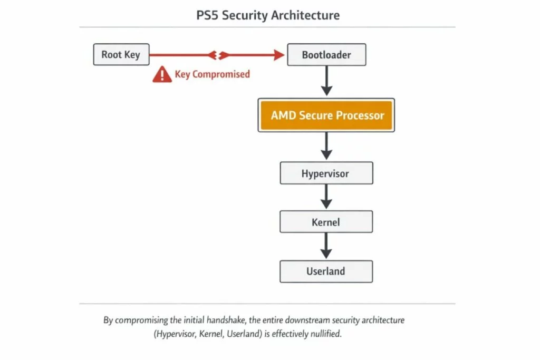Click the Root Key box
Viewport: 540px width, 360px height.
(121, 55)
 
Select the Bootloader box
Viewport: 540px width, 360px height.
(326, 55)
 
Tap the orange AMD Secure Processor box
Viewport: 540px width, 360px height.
(326, 115)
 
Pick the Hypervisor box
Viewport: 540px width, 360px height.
(326, 173)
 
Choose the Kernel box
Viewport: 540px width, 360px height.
(326, 222)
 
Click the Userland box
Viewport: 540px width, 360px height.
(326, 271)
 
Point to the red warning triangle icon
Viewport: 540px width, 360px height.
(162, 75)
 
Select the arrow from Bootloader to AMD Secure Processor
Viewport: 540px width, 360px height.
(326, 81)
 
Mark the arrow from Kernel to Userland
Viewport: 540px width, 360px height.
(326, 246)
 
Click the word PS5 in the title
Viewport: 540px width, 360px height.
(207, 15)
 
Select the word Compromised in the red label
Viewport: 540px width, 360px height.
(221, 74)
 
